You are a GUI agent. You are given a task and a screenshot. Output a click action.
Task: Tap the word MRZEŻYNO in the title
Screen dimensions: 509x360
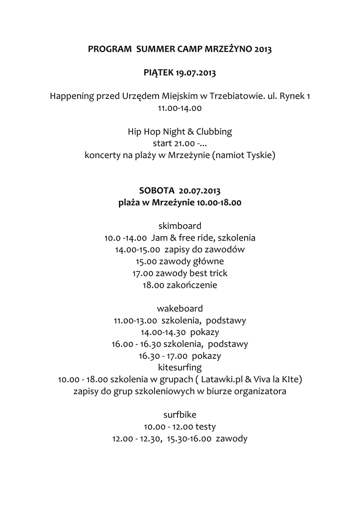point(228,50)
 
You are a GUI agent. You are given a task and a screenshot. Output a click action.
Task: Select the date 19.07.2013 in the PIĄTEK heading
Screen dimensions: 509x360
point(195,73)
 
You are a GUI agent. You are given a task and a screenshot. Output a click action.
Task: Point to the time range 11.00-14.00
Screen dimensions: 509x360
point(180,107)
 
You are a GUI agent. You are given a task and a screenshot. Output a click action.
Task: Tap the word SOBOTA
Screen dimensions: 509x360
point(157,191)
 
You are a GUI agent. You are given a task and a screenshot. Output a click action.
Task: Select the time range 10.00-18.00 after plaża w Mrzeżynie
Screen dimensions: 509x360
point(219,202)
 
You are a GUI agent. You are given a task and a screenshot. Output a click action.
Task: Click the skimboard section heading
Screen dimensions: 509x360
point(180,226)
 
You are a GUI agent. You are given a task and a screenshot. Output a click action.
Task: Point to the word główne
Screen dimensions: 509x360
point(207,261)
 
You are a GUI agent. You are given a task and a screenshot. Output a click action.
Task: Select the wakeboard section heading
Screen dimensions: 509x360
point(180,309)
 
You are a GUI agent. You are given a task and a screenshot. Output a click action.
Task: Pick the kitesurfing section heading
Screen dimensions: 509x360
point(180,368)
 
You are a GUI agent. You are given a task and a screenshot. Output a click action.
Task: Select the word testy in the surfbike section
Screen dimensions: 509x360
point(205,427)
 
